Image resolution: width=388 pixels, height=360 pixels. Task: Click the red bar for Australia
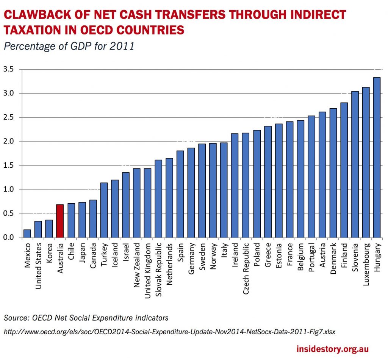click(60, 221)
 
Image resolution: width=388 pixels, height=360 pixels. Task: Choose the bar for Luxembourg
click(366, 162)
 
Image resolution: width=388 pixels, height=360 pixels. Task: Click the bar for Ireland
click(235, 185)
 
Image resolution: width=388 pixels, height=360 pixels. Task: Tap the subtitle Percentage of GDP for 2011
click(69, 46)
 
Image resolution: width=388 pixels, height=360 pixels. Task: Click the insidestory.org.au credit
click(332, 349)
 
